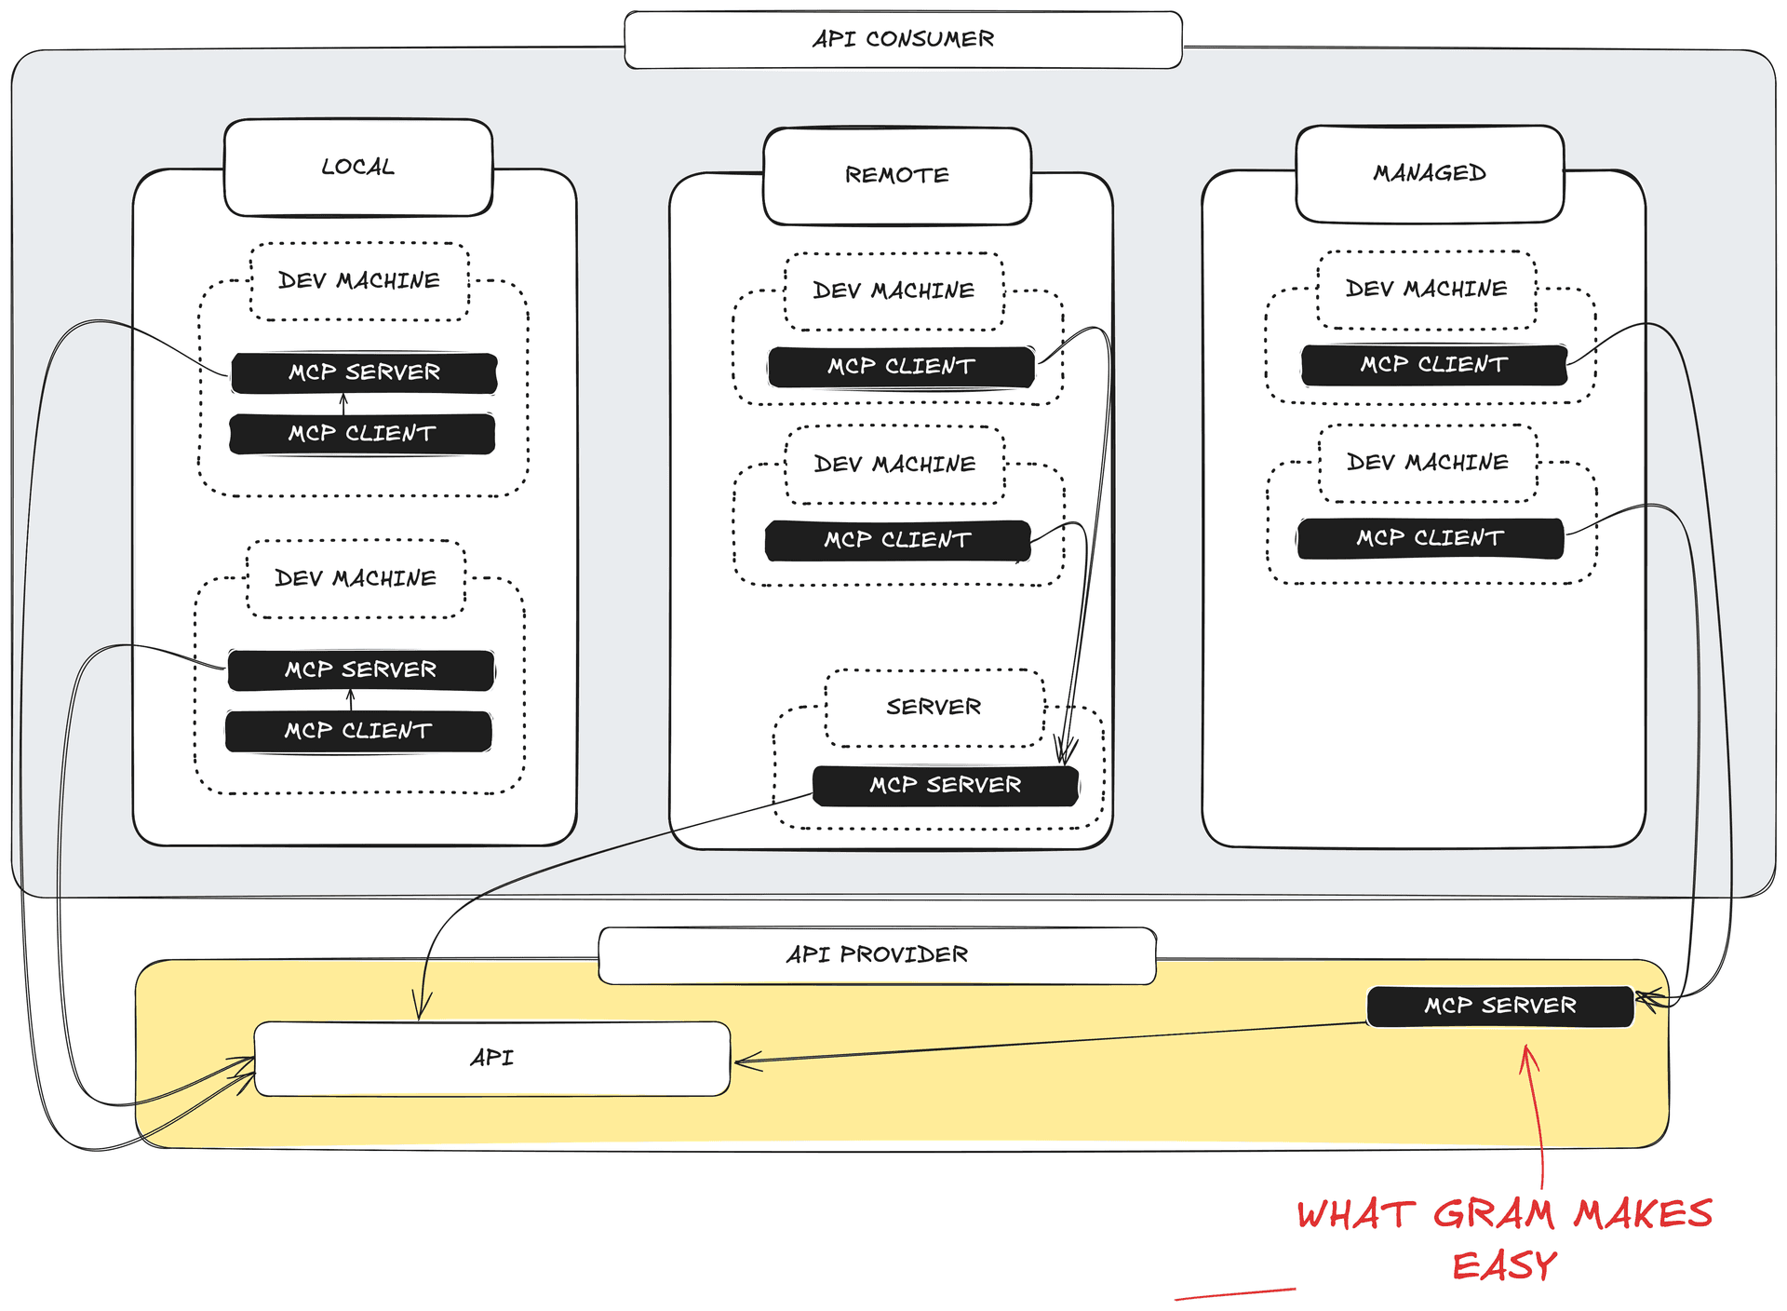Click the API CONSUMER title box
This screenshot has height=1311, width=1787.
tap(903, 40)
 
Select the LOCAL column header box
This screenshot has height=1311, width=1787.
tap(358, 168)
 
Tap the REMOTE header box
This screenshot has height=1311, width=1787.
tap(897, 176)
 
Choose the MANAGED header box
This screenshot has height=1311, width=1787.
tap(1430, 174)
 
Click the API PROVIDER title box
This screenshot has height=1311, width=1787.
tap(877, 955)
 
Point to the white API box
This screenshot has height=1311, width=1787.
tap(491, 1059)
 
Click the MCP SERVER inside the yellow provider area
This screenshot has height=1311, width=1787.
tap(1499, 1007)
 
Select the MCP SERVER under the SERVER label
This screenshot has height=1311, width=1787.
tap(945, 786)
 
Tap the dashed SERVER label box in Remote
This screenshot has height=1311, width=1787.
tap(934, 708)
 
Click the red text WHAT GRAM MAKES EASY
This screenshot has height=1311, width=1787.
tap(1504, 1238)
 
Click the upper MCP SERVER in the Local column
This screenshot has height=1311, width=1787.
tap(364, 372)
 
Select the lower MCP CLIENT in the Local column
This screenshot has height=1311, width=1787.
tap(358, 731)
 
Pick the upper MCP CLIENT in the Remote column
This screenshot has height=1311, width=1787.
tap(901, 367)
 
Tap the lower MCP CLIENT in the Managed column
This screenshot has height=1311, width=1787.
tap(1430, 538)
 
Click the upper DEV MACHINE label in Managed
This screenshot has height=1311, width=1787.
tap(1426, 290)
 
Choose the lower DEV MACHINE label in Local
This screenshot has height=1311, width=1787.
tap(356, 579)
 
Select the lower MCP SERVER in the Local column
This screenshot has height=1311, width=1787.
tap(360, 670)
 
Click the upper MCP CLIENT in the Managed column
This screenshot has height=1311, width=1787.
tap(1433, 365)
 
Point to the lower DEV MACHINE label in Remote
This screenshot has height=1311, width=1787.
tap(894, 465)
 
